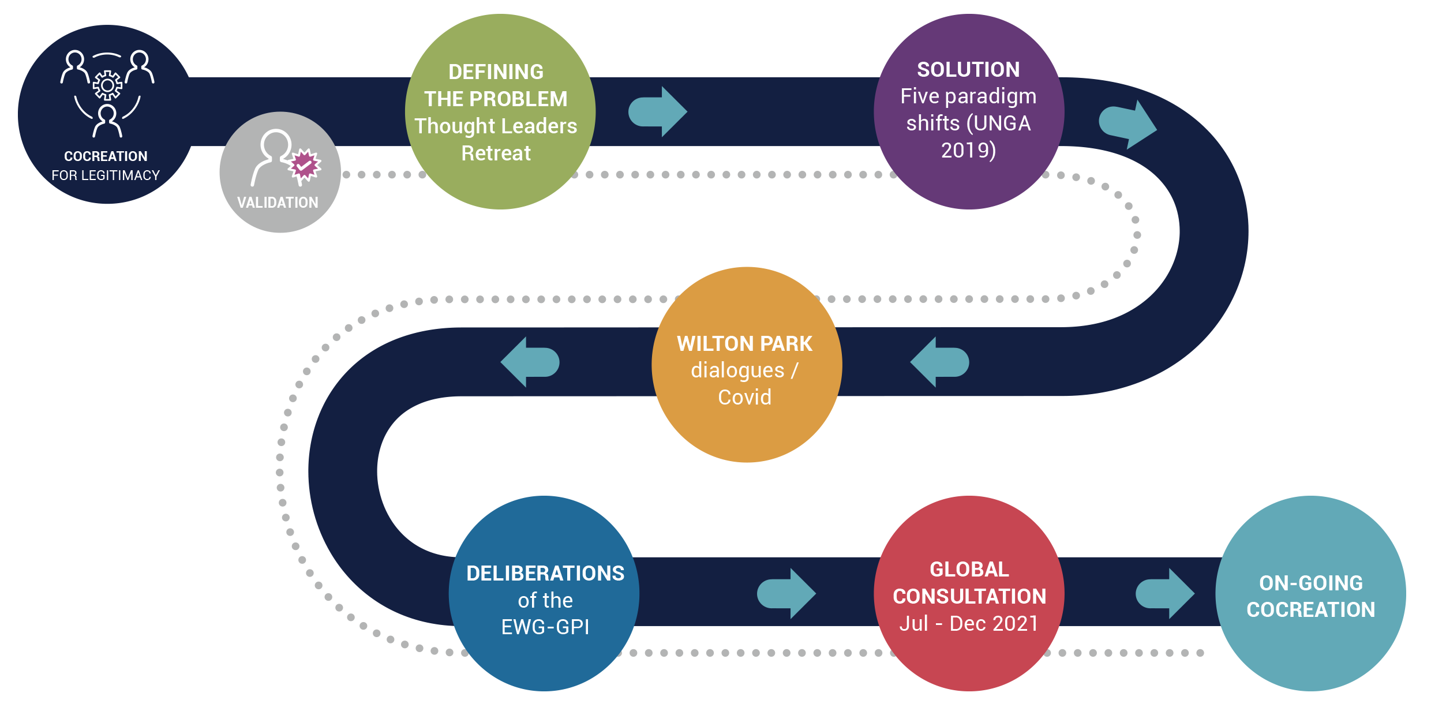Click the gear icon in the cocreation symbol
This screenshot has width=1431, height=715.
tap(107, 85)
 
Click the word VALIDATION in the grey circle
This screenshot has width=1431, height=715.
tap(278, 203)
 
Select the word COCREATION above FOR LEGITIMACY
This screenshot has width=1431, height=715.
tap(106, 156)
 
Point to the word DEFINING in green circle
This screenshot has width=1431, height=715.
tap(496, 72)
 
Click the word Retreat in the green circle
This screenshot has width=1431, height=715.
tap(496, 154)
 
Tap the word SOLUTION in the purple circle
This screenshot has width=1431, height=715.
tap(968, 70)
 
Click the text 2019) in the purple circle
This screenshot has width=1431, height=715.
tap(968, 151)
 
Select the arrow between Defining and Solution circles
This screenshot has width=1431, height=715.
tap(658, 112)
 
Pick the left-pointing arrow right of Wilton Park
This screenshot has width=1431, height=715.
tap(939, 362)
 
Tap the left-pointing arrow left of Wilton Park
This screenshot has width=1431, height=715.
tap(530, 362)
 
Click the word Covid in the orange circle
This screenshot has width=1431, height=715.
tap(744, 397)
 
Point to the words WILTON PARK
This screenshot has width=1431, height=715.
tap(744, 344)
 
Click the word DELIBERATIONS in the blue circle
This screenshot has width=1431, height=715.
tap(545, 574)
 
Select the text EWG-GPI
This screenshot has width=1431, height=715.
tap(545, 627)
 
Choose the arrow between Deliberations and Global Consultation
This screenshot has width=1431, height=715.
tap(786, 593)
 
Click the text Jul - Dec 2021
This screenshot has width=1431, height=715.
tap(969, 624)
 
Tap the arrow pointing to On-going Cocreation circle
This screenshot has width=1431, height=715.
tap(1164, 593)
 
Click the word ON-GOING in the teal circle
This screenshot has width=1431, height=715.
tap(1310, 583)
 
